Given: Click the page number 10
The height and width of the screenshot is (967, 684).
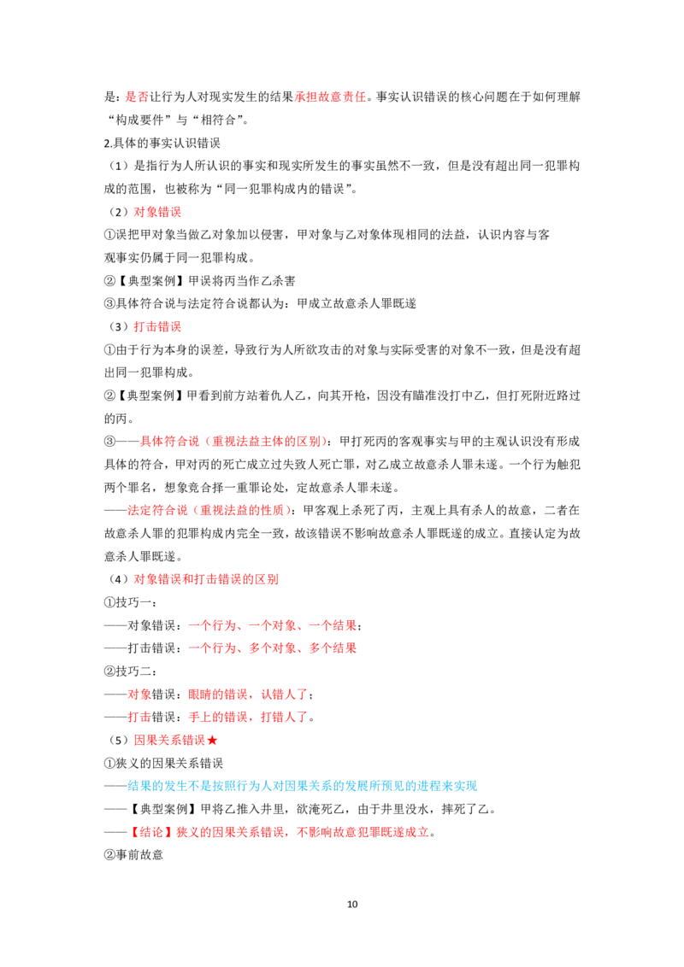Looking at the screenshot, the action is pyautogui.click(x=352, y=904).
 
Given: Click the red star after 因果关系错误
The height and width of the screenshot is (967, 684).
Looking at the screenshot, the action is pyautogui.click(x=212, y=740).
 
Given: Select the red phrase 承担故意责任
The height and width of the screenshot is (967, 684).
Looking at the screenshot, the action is pyautogui.click(x=330, y=97).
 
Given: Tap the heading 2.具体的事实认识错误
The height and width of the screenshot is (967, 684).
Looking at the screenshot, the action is pyautogui.click(x=162, y=143).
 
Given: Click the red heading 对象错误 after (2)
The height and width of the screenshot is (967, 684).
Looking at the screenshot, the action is pyautogui.click(x=157, y=212).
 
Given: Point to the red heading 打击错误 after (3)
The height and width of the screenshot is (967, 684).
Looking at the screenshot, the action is pyautogui.click(x=157, y=327).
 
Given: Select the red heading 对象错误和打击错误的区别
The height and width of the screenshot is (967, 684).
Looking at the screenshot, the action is pyautogui.click(x=206, y=579).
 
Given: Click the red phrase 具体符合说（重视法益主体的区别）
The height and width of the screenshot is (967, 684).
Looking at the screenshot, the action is pyautogui.click(x=232, y=442).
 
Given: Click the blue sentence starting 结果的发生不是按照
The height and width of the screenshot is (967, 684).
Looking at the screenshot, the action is pyautogui.click(x=303, y=786).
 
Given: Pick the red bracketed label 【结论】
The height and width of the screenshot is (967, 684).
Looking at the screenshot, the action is pyautogui.click(x=152, y=832).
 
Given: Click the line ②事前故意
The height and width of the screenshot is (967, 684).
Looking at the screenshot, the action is pyautogui.click(x=133, y=855).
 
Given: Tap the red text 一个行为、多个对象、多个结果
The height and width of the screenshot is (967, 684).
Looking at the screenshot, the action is pyautogui.click(x=272, y=648).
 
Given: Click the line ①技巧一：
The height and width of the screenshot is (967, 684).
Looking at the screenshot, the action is pyautogui.click(x=130, y=602).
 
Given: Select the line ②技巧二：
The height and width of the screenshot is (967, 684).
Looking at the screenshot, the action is pyautogui.click(x=130, y=671).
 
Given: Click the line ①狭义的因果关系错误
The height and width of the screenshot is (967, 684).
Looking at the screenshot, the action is pyautogui.click(x=163, y=764).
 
